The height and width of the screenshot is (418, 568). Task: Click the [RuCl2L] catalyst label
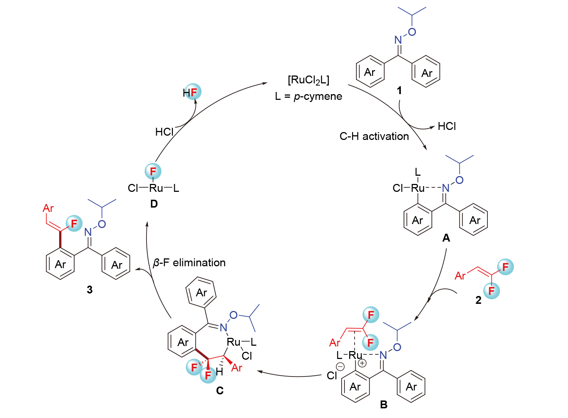tap(308, 80)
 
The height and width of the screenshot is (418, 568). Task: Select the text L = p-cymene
tap(308, 96)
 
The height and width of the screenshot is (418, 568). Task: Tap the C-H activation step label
tap(374, 136)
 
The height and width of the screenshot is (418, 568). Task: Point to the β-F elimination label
tap(189, 263)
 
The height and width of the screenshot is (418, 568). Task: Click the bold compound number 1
tap(399, 91)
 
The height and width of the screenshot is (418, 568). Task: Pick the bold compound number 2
tap(478, 300)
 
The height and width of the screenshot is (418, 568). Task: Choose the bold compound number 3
tap(90, 290)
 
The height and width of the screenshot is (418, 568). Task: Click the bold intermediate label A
tap(446, 238)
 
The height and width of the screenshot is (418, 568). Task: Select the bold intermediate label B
tap(384, 404)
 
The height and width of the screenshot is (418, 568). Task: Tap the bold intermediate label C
tap(220, 390)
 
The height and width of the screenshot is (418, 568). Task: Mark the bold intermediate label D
tap(154, 204)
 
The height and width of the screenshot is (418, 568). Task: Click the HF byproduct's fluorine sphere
tap(194, 92)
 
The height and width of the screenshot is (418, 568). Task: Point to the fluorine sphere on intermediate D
tap(153, 171)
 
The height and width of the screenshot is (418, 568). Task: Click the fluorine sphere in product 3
tap(74, 224)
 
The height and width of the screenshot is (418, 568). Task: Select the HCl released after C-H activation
tap(447, 126)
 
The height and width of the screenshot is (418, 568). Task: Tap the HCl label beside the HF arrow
tap(164, 132)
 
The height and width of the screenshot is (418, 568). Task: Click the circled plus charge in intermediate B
tap(362, 363)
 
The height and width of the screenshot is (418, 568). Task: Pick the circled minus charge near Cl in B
tap(340, 366)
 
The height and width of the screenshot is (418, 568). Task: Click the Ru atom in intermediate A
tap(418, 188)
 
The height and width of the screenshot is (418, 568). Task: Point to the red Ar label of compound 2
tap(460, 276)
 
